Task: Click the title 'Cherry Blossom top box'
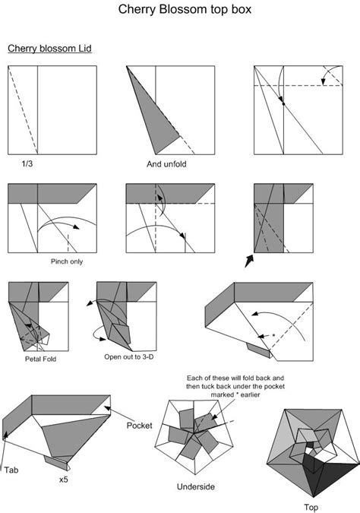(185, 11)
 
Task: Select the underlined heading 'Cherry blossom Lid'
(50, 49)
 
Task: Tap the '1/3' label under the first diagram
(27, 163)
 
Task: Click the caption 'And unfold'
(169, 163)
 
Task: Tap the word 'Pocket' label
(141, 426)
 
